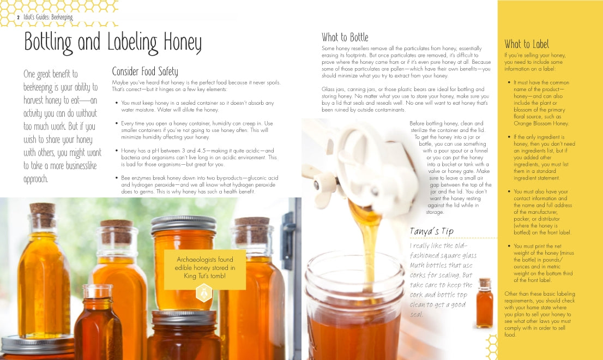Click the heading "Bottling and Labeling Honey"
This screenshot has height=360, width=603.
113,42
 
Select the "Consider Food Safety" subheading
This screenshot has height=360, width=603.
144,71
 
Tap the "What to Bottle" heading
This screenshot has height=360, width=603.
345,37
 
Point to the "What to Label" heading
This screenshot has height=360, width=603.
527,44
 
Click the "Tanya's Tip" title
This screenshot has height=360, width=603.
431,231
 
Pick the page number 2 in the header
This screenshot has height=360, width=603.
18,17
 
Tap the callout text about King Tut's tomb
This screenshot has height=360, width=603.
205,268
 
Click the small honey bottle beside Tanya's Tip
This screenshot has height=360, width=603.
484,303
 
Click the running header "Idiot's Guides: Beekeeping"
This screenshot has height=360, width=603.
48,17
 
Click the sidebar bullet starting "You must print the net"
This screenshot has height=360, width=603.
541,263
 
